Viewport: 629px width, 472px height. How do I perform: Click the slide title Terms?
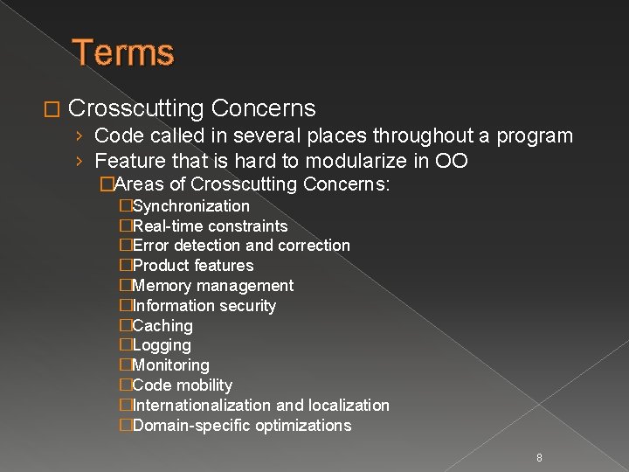[x=123, y=52]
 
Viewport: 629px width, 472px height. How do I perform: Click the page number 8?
[x=539, y=457]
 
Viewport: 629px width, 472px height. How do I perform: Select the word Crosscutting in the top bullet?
[x=135, y=108]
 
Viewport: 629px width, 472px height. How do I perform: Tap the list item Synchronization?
[x=190, y=206]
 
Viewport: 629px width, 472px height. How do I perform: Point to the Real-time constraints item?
[x=210, y=226]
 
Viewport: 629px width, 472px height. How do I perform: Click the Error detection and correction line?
[x=241, y=246]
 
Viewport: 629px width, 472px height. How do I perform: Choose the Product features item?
[x=193, y=266]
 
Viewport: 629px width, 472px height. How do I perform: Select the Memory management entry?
[x=212, y=286]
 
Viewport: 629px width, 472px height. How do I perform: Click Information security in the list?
[x=204, y=306]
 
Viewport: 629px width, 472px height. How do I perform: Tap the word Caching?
[x=162, y=326]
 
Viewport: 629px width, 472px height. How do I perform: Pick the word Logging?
[x=162, y=346]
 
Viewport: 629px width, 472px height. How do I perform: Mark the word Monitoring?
[x=171, y=365]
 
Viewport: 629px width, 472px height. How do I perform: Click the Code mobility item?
[x=183, y=385]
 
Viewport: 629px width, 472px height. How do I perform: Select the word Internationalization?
[x=202, y=406]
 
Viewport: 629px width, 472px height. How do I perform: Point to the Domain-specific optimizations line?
[x=242, y=426]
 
